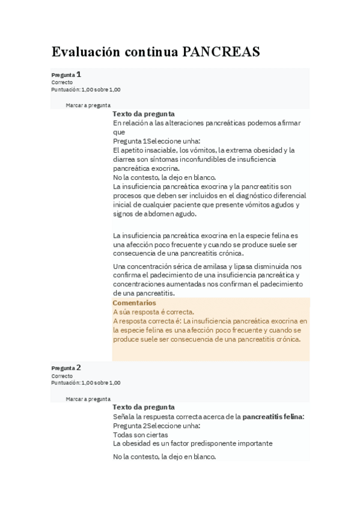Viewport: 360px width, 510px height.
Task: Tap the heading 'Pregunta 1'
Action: click(x=66, y=75)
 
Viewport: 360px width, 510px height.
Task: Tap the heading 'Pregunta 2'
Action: click(x=66, y=367)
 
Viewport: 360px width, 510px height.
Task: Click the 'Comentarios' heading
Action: click(x=134, y=303)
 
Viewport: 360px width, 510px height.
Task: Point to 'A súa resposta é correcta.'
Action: click(x=153, y=312)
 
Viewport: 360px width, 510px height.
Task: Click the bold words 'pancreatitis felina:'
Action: click(x=273, y=416)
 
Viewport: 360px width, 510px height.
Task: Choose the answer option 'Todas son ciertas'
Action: click(x=141, y=434)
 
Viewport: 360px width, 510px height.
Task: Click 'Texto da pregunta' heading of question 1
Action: click(x=144, y=113)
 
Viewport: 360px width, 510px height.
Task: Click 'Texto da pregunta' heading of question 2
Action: click(x=144, y=407)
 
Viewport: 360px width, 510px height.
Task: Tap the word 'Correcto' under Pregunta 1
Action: click(x=62, y=82)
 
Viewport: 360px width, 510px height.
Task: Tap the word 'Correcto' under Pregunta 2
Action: click(x=62, y=376)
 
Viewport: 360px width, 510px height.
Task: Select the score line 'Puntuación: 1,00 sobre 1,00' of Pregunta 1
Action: click(x=86, y=90)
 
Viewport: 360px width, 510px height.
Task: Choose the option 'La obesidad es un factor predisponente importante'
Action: click(x=192, y=443)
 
